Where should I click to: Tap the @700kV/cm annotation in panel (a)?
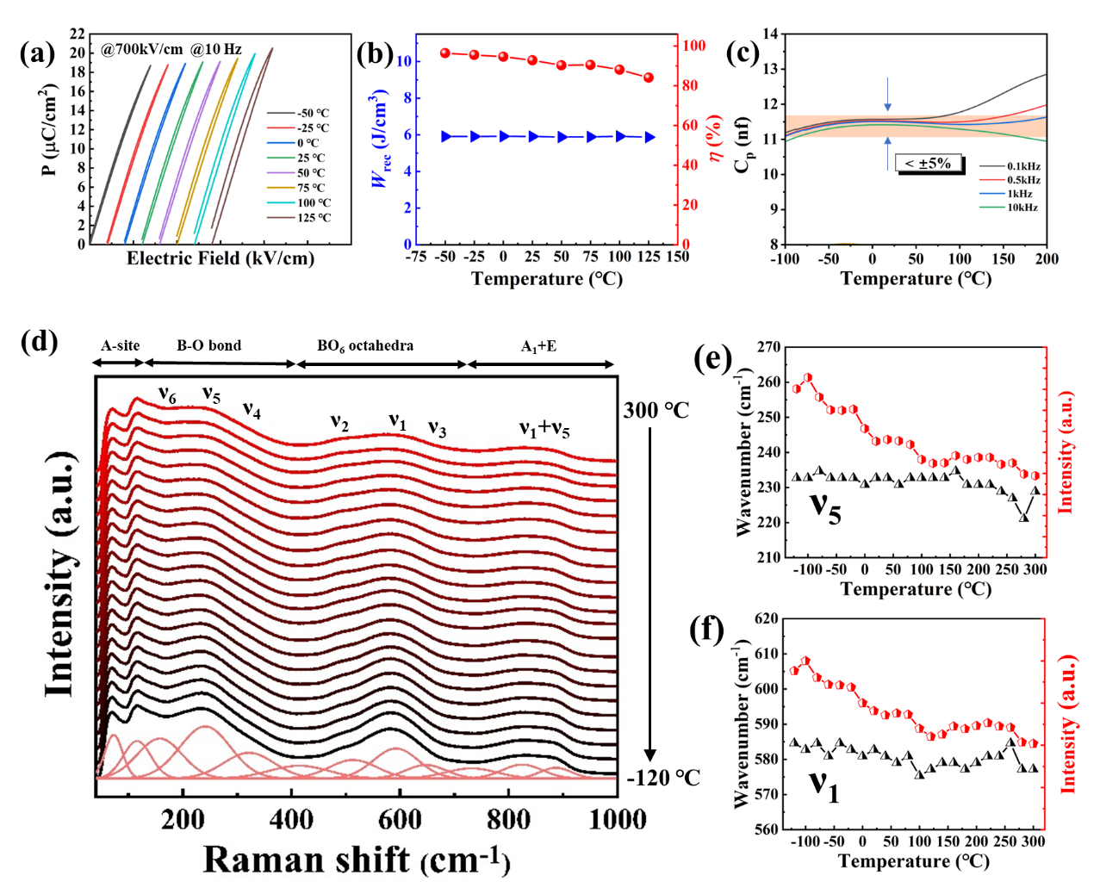142,50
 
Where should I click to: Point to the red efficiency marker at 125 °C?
649,78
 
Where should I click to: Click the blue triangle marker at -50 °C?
446,136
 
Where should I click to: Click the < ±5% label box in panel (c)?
928,163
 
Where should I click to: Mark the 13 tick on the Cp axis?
770,69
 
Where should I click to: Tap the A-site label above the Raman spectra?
120,346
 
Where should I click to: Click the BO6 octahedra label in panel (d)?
365,346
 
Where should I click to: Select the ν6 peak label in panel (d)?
167,394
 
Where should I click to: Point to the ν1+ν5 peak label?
544,428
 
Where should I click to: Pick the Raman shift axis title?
357,859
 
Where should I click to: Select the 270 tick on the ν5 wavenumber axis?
769,348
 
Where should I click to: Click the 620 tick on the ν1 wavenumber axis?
767,618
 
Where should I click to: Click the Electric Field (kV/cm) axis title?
221,258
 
